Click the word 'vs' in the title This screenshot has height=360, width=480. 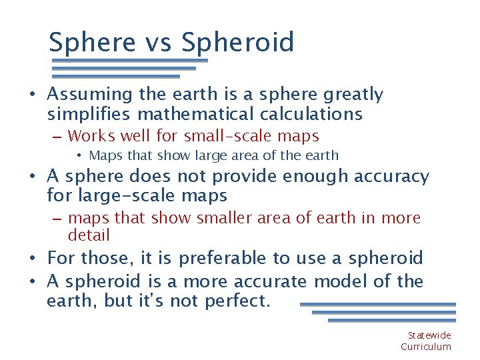[158, 43]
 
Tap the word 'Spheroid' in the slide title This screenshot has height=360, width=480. [237, 43]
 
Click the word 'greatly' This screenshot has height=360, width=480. [351, 95]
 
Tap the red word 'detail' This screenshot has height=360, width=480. [89, 235]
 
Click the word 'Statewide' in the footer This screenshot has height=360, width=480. [429, 335]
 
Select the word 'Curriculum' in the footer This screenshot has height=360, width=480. [426, 347]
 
